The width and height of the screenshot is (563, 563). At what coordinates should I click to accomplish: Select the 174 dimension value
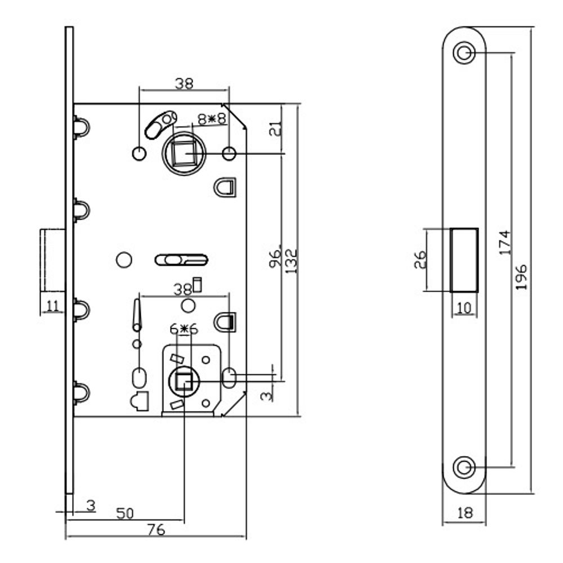tap(505, 242)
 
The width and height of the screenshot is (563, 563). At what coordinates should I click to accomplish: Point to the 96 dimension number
tap(275, 260)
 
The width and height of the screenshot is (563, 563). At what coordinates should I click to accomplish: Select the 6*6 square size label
tap(184, 328)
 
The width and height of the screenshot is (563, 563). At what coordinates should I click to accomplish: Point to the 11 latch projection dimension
tap(52, 306)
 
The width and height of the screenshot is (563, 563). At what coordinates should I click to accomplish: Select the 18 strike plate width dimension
tap(463, 513)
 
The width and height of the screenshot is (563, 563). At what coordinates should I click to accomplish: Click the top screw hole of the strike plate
tap(464, 54)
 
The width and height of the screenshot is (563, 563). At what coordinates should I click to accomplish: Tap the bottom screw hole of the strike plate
tap(464, 467)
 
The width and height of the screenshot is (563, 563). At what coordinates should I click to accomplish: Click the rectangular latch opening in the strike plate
tap(464, 260)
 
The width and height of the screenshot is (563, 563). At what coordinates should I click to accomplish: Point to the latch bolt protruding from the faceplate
tap(52, 260)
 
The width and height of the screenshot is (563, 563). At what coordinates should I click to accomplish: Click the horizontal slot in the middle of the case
tap(181, 260)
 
